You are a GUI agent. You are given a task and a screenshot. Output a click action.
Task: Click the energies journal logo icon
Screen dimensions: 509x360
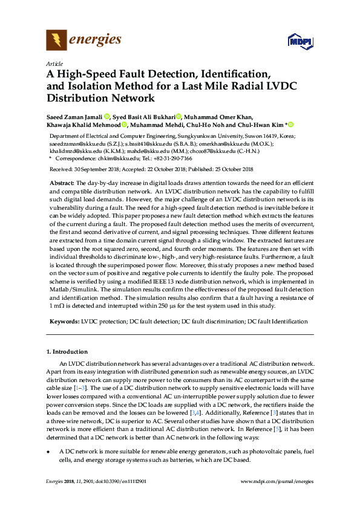[x=56, y=41]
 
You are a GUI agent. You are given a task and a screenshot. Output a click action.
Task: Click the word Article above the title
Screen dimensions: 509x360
[x=54, y=63]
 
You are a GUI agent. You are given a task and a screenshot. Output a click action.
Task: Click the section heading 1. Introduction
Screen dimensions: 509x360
[x=67, y=351]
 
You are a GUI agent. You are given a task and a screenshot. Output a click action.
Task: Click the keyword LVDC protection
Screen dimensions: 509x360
[x=104, y=321]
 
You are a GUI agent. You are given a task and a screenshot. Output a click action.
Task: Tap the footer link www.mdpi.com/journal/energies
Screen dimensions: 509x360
[x=277, y=481]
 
